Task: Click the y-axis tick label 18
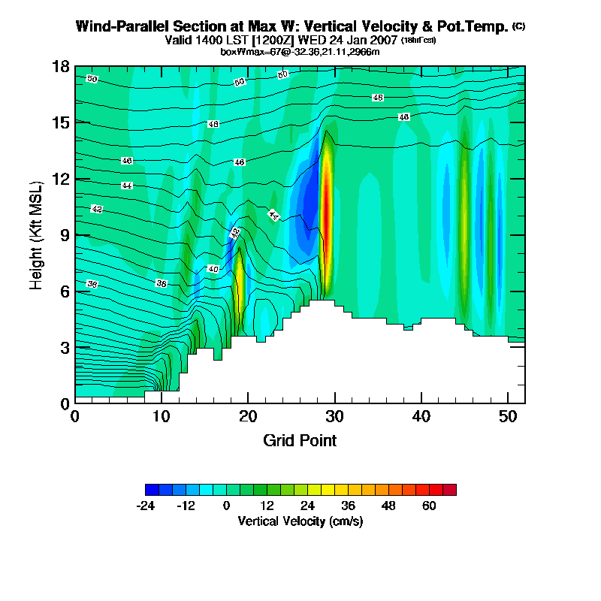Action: [61, 67]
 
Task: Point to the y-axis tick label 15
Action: [61, 122]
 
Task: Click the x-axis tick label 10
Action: [162, 415]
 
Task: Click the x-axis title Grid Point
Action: [300, 440]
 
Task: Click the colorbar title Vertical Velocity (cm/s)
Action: [300, 521]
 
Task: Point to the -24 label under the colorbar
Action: [146, 506]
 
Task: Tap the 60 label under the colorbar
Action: [429, 506]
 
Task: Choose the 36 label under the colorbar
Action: [348, 506]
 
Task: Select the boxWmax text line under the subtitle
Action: [300, 51]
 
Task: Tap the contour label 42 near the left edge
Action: [96, 208]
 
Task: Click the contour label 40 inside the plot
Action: [213, 269]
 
